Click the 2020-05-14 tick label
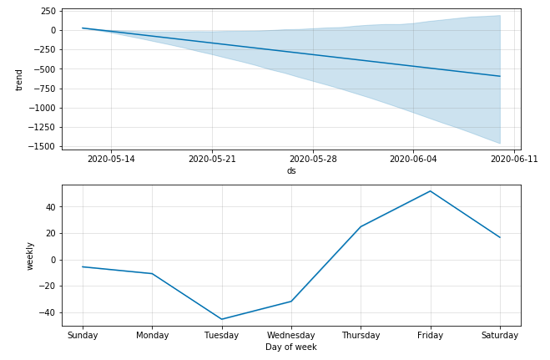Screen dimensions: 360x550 (x=111, y=159)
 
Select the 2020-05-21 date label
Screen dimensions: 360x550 (x=212, y=159)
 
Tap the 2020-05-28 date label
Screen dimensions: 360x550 (x=313, y=159)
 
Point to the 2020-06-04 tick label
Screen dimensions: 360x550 (x=414, y=159)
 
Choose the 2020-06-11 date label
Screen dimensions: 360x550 (x=514, y=159)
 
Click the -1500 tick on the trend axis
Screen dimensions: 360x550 (x=43, y=146)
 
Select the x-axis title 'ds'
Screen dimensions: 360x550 (x=291, y=170)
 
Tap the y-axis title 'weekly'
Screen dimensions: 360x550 (x=30, y=256)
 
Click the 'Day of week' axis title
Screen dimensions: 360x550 (x=291, y=347)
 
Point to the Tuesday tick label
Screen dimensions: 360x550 (x=221, y=335)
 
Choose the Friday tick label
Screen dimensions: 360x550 (x=431, y=335)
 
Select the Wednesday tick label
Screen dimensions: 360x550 (x=291, y=335)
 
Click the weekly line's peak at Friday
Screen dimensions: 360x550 (x=431, y=191)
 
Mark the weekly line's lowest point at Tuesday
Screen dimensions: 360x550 (x=221, y=319)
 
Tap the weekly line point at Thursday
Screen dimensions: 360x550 (x=361, y=226)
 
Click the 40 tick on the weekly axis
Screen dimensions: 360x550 (x=51, y=207)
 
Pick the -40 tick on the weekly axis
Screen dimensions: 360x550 (x=48, y=312)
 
